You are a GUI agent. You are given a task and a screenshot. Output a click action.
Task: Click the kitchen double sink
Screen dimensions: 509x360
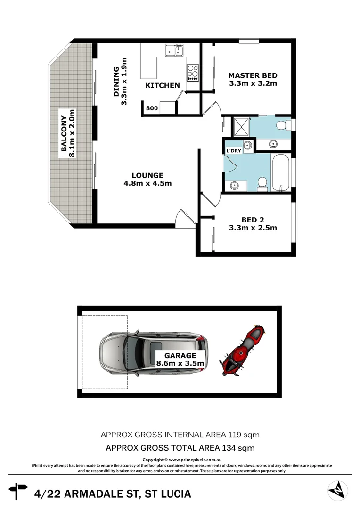pos(174,49)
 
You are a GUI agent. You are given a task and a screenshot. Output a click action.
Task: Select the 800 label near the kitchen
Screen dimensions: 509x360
pos(152,108)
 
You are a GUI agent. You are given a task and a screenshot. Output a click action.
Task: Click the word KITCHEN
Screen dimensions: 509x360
pos(163,85)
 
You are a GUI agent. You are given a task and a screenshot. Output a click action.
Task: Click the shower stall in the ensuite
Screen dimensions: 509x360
pos(241,125)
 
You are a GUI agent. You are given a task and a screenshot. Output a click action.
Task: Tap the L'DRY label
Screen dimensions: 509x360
pos(234,151)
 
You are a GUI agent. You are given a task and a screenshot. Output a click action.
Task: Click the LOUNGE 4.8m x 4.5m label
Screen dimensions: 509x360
pos(147,179)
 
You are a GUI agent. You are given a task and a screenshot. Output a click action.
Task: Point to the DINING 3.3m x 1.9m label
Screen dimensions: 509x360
pos(120,82)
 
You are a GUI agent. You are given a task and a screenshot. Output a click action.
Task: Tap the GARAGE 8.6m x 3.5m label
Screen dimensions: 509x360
pos(180,360)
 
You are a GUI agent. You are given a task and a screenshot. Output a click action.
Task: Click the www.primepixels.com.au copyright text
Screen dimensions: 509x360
pos(195,460)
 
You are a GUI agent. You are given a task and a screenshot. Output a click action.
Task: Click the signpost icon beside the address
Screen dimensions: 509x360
pos(18,491)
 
